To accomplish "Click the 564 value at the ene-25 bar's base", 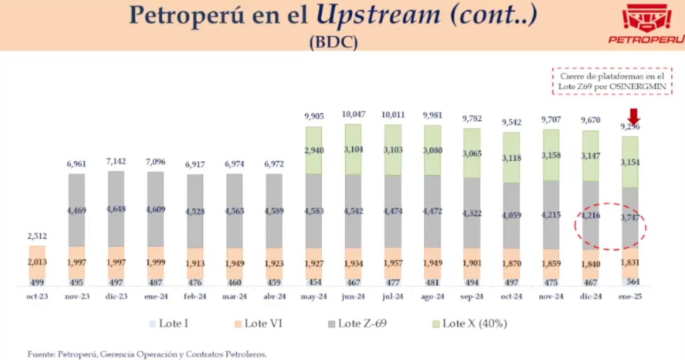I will [631, 282].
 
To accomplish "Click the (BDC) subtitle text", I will [333, 43].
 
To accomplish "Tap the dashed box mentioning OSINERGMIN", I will [612, 81].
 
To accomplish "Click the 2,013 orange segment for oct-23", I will [37, 263].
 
